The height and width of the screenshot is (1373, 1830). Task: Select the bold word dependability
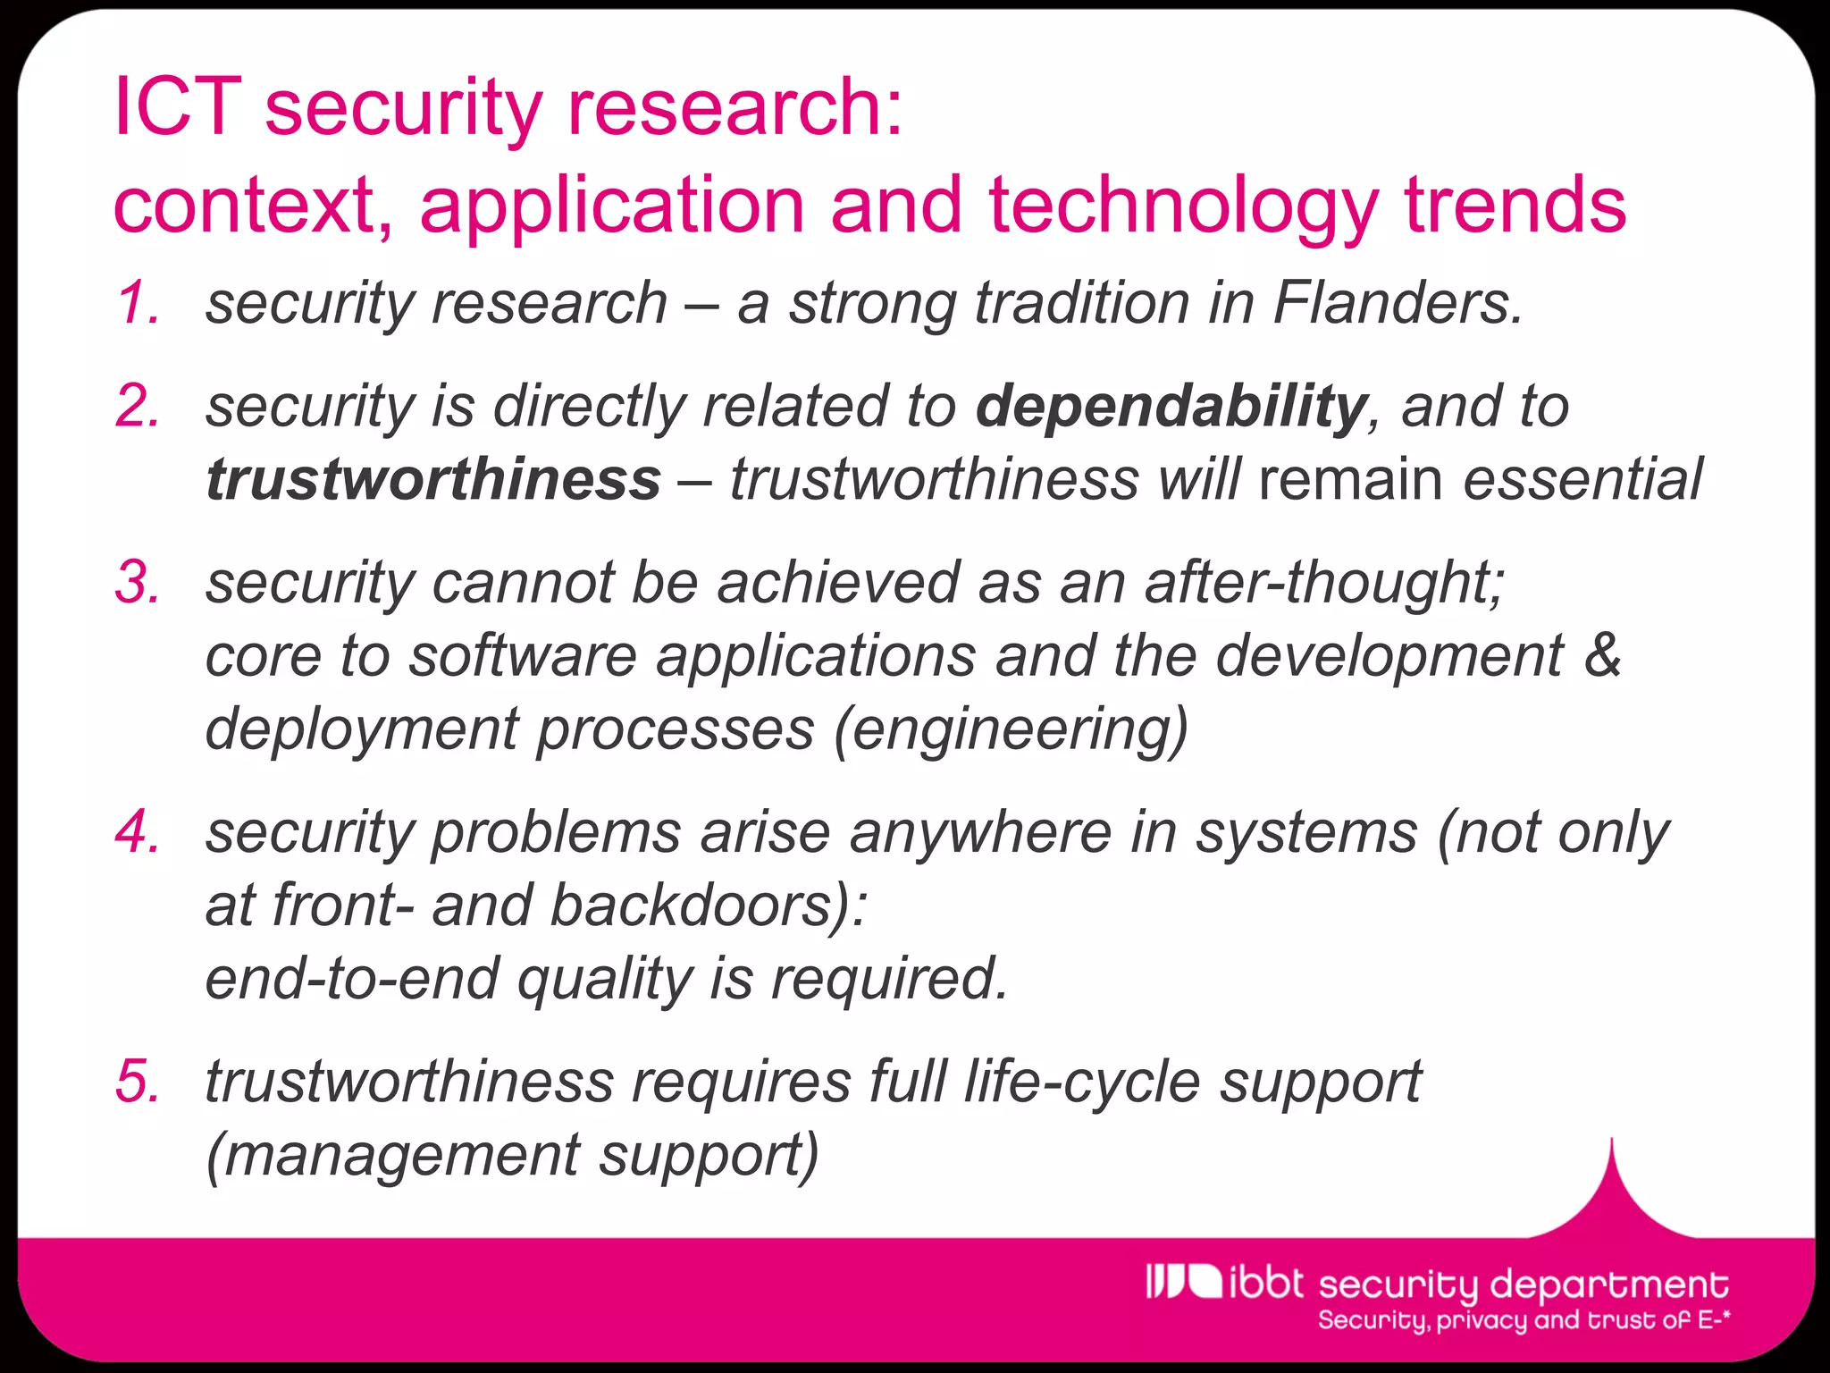[x=1171, y=407]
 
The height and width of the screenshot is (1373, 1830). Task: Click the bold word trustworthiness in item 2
[x=433, y=479]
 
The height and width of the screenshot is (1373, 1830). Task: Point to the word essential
[x=1582, y=479]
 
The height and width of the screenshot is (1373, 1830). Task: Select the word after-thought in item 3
[x=1324, y=583]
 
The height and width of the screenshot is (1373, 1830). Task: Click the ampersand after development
[x=1603, y=655]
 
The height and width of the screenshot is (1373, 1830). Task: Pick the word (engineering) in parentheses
[x=1011, y=729]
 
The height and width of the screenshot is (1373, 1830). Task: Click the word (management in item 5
[x=393, y=1155]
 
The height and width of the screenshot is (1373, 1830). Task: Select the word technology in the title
[x=1184, y=206]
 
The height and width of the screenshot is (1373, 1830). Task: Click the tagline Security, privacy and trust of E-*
[x=1524, y=1320]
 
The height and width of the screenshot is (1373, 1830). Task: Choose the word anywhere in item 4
[x=980, y=833]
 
